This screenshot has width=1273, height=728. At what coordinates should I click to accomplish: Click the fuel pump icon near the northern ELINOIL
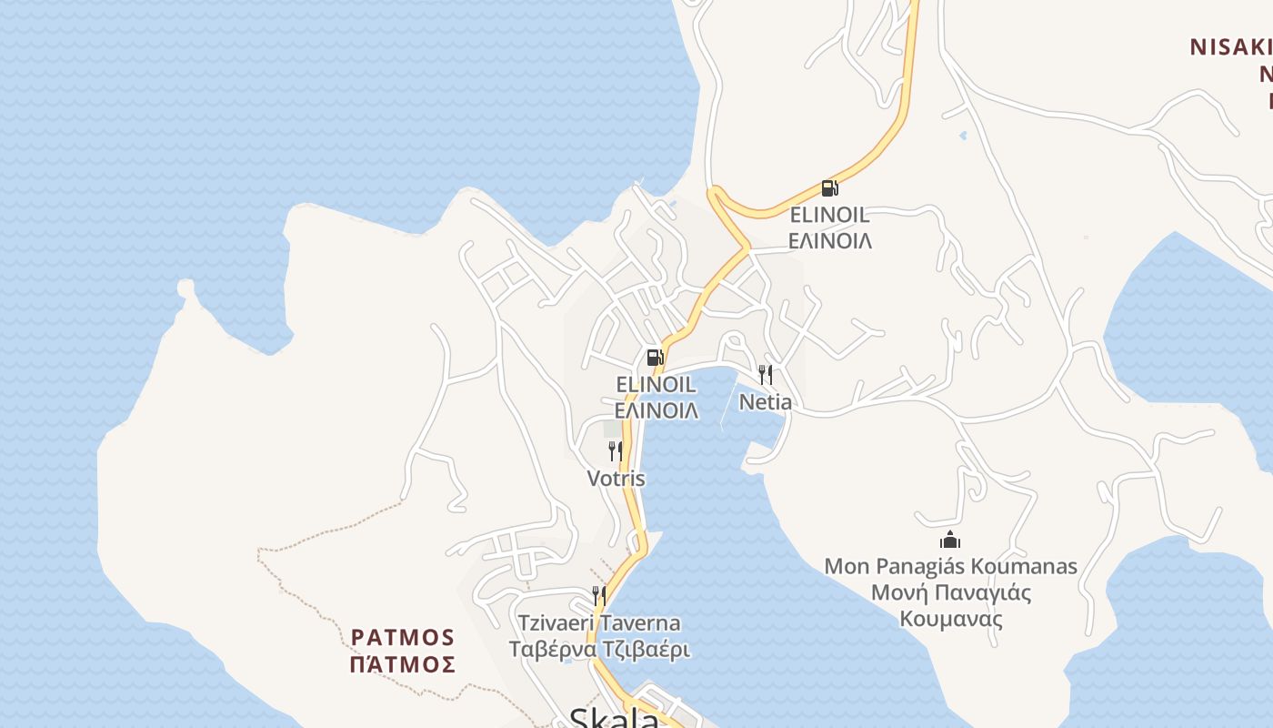point(829,188)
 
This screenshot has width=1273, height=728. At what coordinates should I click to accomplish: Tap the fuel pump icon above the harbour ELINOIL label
point(655,357)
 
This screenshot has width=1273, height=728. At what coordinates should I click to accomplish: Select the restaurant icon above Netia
point(766,375)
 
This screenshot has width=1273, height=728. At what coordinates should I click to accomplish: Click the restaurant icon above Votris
point(616,451)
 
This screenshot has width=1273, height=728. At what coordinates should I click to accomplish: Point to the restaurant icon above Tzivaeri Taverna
point(599,596)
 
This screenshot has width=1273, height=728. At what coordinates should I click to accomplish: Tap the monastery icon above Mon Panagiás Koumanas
point(950,540)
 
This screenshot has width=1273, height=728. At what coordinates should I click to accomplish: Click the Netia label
point(765,402)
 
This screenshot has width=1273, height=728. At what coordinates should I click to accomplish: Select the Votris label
point(616,479)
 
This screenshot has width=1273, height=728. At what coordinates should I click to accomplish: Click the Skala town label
point(614,719)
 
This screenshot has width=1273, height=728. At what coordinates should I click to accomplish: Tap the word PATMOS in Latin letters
point(403,636)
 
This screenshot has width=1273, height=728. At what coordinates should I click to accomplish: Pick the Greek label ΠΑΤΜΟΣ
point(403,664)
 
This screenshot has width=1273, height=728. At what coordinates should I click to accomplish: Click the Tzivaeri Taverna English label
point(599,623)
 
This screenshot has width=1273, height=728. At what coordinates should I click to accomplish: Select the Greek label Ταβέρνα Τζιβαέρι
point(599,650)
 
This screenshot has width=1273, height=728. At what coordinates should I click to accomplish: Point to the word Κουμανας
point(951,620)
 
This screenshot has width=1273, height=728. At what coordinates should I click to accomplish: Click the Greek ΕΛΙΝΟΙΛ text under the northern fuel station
point(829,241)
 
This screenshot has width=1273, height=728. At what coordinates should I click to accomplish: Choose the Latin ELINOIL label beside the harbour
point(657,384)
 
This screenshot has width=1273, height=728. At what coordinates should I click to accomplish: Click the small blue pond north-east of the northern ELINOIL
point(963,136)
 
